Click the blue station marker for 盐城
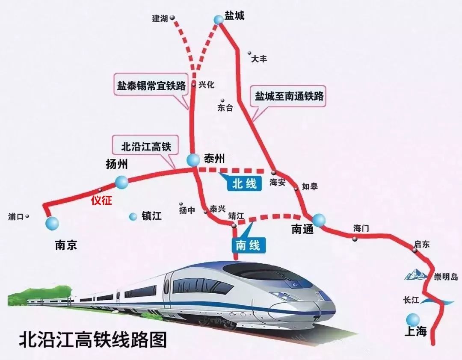[219, 19]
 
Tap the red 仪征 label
[101, 200]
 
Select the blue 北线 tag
[244, 184]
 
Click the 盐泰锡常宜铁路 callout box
[151, 86]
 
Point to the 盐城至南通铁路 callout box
[289, 96]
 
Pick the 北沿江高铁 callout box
[146, 147]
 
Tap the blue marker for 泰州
[193, 160]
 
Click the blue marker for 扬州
[121, 182]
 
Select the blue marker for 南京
[52, 223]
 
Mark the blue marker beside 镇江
[133, 217]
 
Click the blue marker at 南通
[319, 220]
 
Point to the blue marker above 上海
[413, 319]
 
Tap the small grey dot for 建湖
[172, 18]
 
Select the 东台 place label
[225, 108]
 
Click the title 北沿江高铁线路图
[92, 340]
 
